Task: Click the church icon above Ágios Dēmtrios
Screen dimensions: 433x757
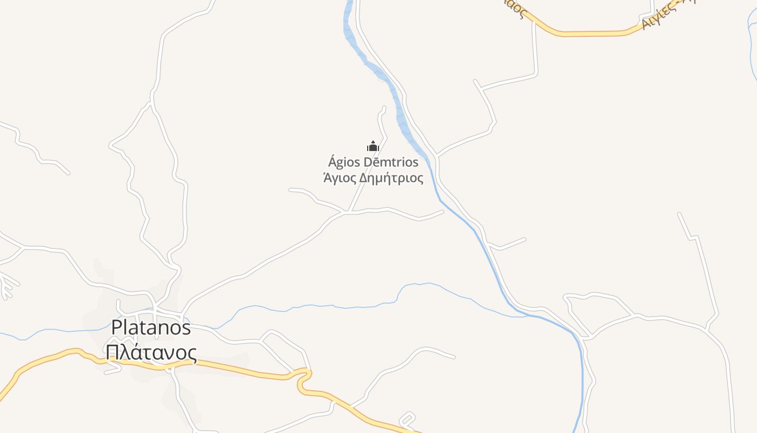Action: click(x=373, y=146)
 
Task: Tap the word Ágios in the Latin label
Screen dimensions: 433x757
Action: click(x=345, y=162)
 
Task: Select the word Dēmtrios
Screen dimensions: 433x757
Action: click(x=393, y=162)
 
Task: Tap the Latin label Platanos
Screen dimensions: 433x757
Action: click(x=151, y=327)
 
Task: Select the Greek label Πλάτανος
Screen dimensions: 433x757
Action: click(x=151, y=352)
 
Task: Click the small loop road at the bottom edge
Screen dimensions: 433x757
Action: click(x=407, y=419)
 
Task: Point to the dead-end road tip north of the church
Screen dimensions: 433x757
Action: click(x=384, y=108)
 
